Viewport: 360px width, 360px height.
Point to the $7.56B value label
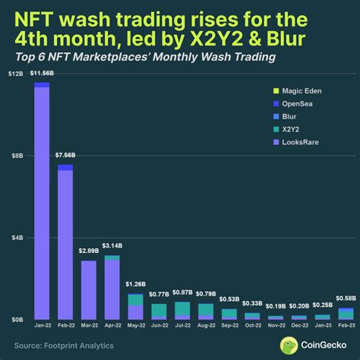pyautogui.click(x=65, y=156)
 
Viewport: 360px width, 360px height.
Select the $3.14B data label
pyautogui.click(x=112, y=248)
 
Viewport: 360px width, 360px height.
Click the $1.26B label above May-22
pyautogui.click(x=135, y=285)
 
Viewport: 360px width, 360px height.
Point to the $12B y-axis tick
pyautogui.click(x=16, y=74)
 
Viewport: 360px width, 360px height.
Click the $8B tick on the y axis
pyautogui.click(x=17, y=156)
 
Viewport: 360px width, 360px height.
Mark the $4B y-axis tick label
pyautogui.click(x=17, y=238)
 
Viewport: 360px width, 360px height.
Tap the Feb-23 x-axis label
pyautogui.click(x=346, y=325)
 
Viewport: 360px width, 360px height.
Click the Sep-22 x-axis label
pyautogui.click(x=229, y=325)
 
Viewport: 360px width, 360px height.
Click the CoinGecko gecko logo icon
pyautogui.click(x=289, y=345)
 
